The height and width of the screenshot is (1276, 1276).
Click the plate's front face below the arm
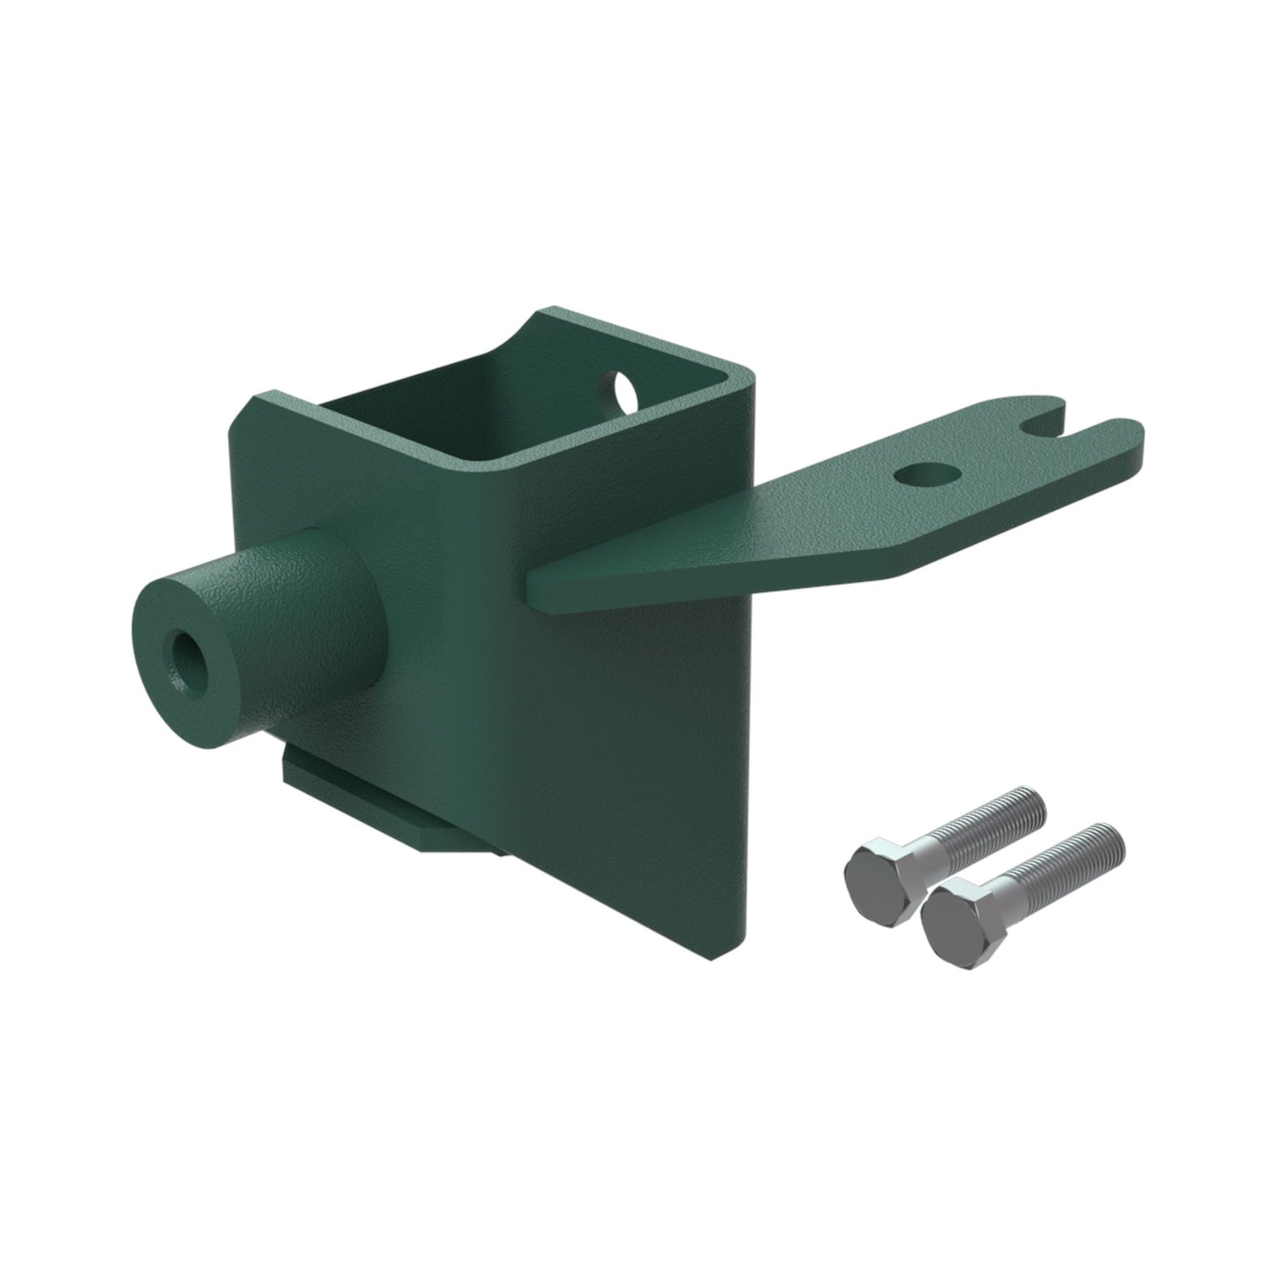coord(618,751)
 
